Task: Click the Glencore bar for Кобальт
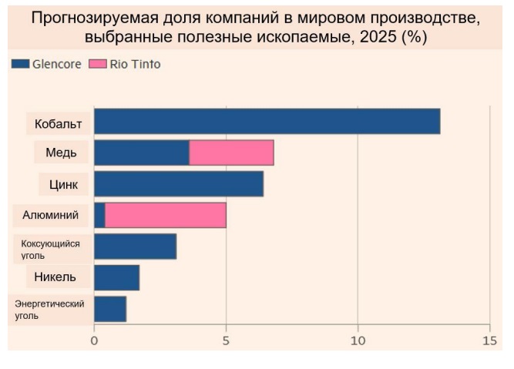(x=267, y=122)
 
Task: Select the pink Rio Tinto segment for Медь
(x=231, y=153)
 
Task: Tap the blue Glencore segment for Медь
(x=142, y=153)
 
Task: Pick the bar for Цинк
(x=179, y=184)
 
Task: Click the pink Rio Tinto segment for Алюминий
(x=166, y=216)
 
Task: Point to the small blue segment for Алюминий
(x=99, y=216)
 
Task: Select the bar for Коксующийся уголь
(x=135, y=247)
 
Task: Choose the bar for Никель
(x=116, y=277)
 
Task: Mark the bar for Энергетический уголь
(x=110, y=309)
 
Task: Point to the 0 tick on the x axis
(x=94, y=339)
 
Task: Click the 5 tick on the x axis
(x=226, y=339)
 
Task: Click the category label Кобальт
(x=59, y=122)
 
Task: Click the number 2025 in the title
(x=382, y=36)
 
